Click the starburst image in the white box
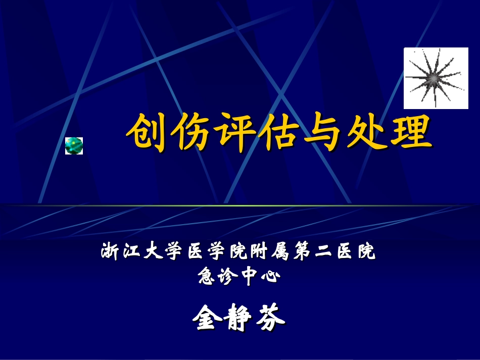pyautogui.click(x=436, y=78)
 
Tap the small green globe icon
pyautogui.click(x=74, y=145)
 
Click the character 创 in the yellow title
pyautogui.click(x=146, y=133)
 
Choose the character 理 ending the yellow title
pyautogui.click(x=412, y=133)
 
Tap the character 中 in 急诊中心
pyautogui.click(x=250, y=277)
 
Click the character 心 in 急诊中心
pyautogui.click(x=270, y=277)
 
